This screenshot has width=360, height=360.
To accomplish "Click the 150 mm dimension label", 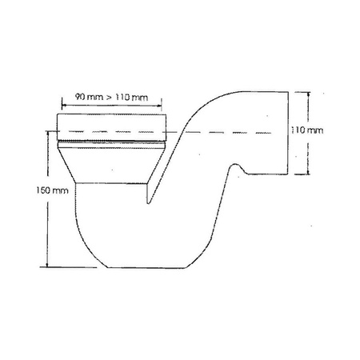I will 32,191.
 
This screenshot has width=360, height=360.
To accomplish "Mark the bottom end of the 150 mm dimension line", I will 49,266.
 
